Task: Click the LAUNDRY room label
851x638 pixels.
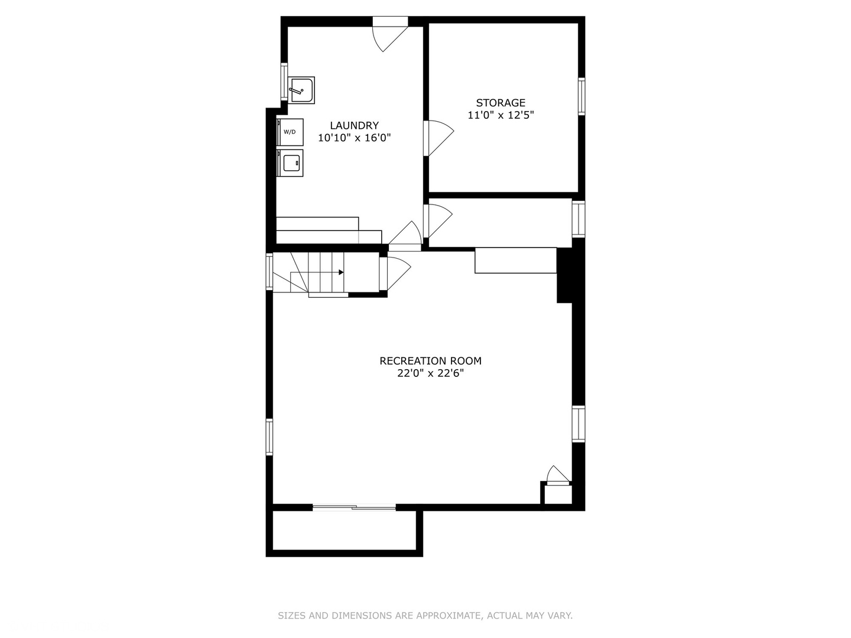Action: click(x=354, y=125)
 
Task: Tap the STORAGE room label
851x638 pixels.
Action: click(x=501, y=103)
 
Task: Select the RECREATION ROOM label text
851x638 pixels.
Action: click(x=430, y=361)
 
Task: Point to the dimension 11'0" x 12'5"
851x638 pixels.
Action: click(x=501, y=115)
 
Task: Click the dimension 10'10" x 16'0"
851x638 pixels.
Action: click(x=354, y=138)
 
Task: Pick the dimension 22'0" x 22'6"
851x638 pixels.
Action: click(x=430, y=373)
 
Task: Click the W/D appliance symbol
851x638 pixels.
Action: click(x=290, y=132)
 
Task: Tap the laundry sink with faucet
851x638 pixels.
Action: click(x=301, y=90)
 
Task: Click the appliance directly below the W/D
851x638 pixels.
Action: click(x=290, y=162)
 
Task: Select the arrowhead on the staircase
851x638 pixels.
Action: click(x=341, y=272)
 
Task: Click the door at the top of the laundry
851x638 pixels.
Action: click(x=390, y=32)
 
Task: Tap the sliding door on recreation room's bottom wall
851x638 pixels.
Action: click(x=354, y=507)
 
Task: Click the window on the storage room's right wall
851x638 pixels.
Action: click(x=582, y=96)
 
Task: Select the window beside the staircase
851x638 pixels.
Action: click(x=269, y=271)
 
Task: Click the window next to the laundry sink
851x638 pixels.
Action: click(x=284, y=80)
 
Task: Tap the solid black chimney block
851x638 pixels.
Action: click(x=565, y=275)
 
